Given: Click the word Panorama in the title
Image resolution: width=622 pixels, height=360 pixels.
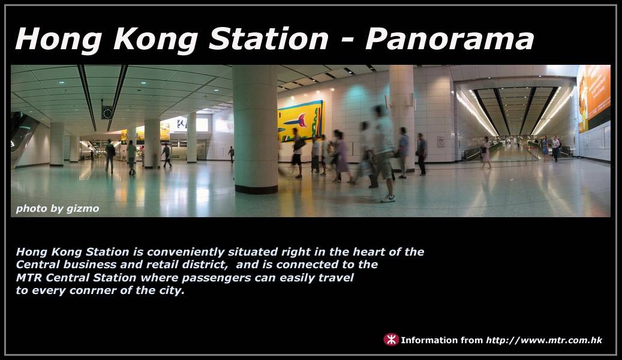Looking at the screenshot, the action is [449, 39].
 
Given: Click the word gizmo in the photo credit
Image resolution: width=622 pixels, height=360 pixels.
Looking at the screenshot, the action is [83, 209].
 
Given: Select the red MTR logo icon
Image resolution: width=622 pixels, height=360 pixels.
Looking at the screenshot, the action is [390, 340].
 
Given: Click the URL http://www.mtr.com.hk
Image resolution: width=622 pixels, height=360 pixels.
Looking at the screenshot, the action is [544, 340].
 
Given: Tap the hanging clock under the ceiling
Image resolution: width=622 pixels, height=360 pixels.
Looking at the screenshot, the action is [107, 113].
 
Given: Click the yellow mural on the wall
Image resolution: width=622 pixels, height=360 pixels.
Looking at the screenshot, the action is [301, 121].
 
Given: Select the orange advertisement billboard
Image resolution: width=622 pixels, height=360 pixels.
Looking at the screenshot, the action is [594, 98].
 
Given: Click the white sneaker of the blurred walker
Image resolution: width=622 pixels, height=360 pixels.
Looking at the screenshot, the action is [388, 199].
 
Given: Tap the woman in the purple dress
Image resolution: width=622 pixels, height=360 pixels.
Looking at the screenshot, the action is [340, 157].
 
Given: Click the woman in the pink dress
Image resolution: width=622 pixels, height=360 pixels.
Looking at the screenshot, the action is [486, 152].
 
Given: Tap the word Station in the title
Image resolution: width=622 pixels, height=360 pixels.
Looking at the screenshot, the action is [269, 39].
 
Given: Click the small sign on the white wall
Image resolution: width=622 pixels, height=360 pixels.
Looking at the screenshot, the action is [440, 142].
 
